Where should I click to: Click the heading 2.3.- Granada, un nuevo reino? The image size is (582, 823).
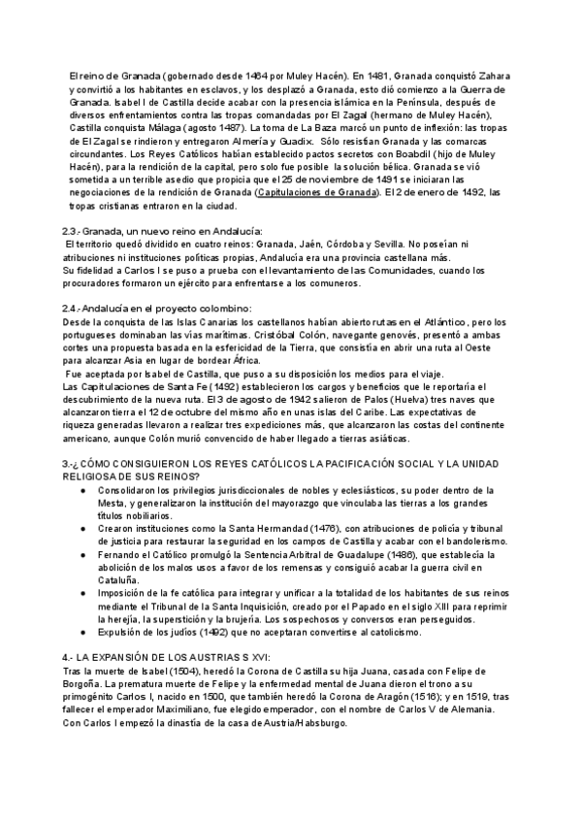point(161,231)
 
